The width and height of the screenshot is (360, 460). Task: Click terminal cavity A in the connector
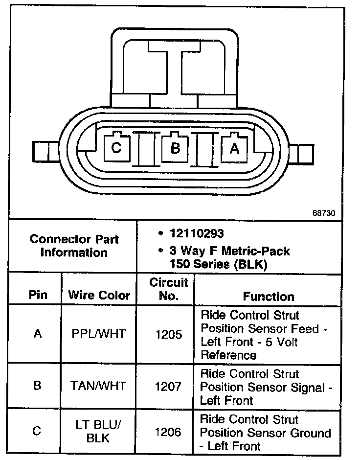coord(234,148)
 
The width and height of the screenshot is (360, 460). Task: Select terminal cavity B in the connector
coord(175,147)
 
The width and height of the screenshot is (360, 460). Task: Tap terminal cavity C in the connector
coord(116,147)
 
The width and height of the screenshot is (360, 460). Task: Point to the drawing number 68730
coord(324,213)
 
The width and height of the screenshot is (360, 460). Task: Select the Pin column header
coord(38,295)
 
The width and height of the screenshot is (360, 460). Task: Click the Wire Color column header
coord(99,295)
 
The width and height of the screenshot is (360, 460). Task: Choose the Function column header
coord(269,296)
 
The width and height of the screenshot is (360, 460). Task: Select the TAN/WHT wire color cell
coord(99,386)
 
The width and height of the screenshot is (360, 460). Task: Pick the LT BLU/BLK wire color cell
coord(99,432)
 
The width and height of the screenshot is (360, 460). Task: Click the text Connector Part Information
coord(74,246)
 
